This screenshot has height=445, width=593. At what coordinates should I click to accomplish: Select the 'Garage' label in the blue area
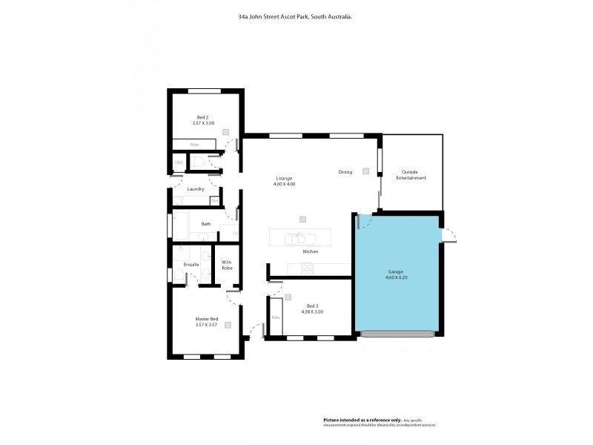coord(395,272)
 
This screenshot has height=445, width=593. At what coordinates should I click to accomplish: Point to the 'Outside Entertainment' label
coord(411,175)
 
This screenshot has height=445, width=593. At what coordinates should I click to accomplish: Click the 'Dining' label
coord(345,172)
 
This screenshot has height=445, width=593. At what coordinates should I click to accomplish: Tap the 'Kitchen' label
coord(310,252)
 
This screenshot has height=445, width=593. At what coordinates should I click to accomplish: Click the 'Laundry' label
coord(196,189)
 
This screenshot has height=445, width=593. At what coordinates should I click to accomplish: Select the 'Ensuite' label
coord(191,264)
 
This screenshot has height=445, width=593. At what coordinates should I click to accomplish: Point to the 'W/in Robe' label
coord(227,264)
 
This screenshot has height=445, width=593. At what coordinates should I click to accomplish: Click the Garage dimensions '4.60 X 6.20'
coord(395,278)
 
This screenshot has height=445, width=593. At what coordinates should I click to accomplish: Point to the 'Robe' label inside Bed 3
coord(276,317)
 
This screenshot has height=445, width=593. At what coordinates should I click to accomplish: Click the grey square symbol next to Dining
coord(365,171)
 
